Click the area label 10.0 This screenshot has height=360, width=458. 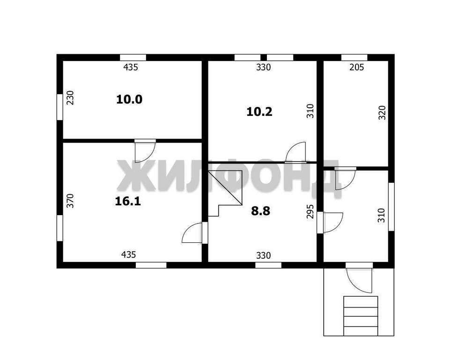click(x=129, y=99)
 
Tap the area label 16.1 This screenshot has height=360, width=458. click(x=128, y=201)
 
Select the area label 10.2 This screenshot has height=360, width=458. click(x=259, y=112)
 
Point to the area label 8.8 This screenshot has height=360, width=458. click(x=260, y=211)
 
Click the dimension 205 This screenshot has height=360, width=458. click(x=357, y=67)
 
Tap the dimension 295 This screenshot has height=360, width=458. click(x=310, y=211)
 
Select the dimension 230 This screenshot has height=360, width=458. click(x=71, y=98)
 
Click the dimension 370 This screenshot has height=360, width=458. click(x=70, y=201)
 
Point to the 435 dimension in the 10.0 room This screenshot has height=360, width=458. click(x=130, y=67)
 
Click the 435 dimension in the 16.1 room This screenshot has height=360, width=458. click(x=128, y=255)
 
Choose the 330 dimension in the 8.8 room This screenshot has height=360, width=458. click(x=264, y=255)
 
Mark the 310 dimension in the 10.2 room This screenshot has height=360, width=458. click(x=310, y=111)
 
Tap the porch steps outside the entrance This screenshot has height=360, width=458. click(x=361, y=316)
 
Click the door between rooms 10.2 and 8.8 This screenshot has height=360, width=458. click(x=295, y=152)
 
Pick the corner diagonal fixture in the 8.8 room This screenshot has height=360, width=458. click(x=225, y=187)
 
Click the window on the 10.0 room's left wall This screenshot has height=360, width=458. click(x=59, y=107)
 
